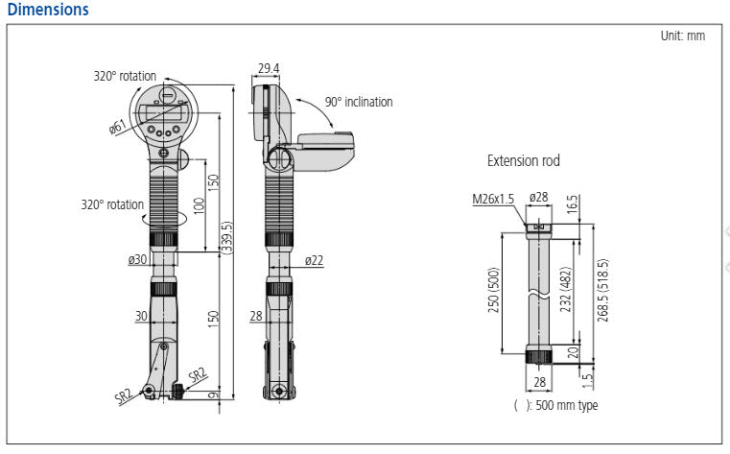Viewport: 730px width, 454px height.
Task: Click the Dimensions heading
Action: click(x=47, y=10)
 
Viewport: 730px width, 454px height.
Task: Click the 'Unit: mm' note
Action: click(x=682, y=36)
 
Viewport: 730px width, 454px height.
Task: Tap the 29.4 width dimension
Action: click(x=269, y=68)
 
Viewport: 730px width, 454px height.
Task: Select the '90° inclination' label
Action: click(x=358, y=102)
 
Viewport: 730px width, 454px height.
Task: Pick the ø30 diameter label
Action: click(x=137, y=259)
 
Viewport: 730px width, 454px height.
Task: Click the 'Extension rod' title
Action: click(x=524, y=160)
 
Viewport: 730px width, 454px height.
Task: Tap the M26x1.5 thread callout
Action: click(x=493, y=199)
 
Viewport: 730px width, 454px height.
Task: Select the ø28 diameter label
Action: click(x=538, y=198)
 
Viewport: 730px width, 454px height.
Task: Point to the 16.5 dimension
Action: click(x=573, y=203)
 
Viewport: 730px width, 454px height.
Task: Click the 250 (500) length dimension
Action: click(x=495, y=289)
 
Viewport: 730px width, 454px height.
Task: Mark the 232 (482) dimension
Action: click(x=567, y=289)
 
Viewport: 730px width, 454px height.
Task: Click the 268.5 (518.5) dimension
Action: click(x=602, y=289)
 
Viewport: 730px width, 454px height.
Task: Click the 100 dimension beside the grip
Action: click(x=198, y=203)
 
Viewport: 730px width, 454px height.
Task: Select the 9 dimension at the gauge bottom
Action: click(x=213, y=394)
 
